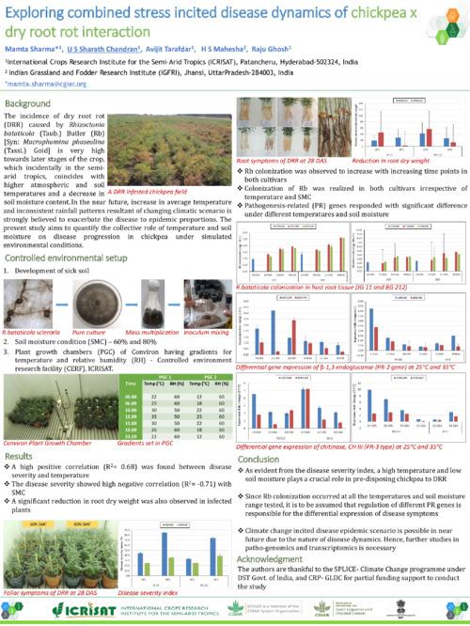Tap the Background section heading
29,103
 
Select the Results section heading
20,453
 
